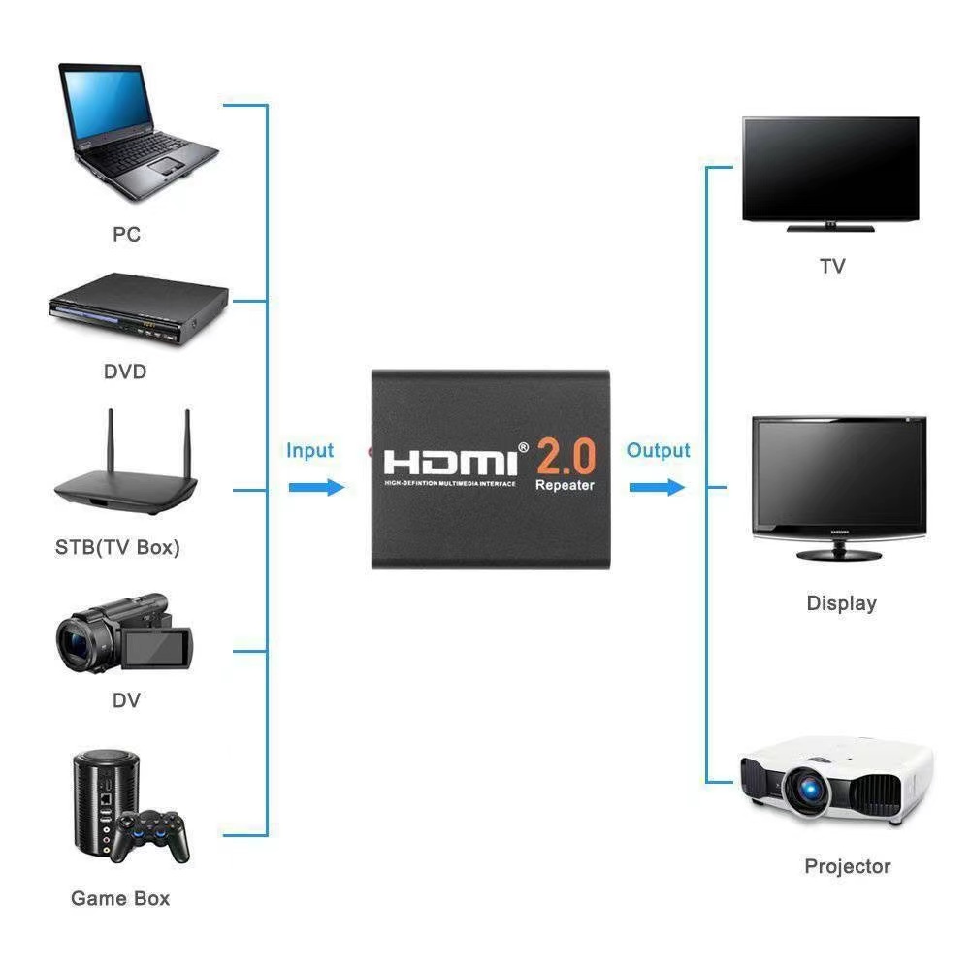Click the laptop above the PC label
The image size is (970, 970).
point(136,131)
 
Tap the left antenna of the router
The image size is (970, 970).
point(110,442)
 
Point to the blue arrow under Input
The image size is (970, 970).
point(316,487)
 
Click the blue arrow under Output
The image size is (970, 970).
point(657,487)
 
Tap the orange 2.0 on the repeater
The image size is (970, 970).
point(565,456)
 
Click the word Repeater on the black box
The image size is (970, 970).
point(565,485)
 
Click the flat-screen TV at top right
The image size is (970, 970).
point(829,173)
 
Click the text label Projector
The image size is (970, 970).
point(847,866)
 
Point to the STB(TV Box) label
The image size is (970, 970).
point(117,547)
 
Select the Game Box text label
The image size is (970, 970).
point(120,898)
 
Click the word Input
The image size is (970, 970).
point(309,450)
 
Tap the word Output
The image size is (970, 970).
point(658,450)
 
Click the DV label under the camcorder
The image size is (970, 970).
point(126,699)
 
